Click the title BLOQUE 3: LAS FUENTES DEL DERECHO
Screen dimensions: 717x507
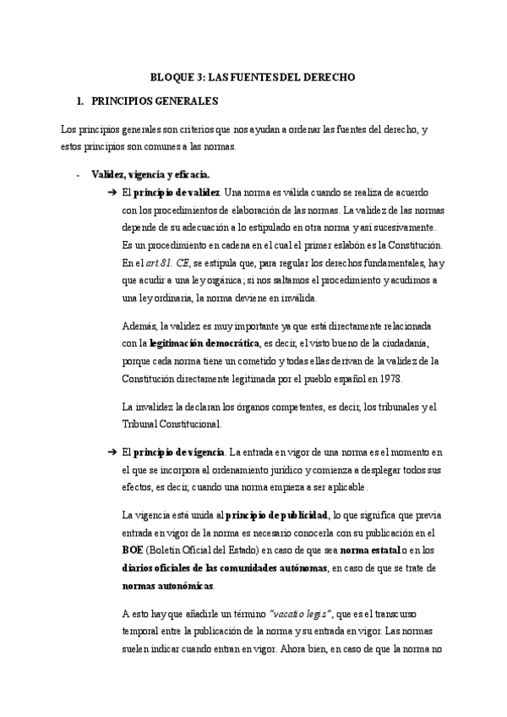click(x=253, y=77)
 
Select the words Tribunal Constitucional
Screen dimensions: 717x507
click(x=172, y=424)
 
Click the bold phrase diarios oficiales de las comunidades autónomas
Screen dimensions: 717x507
click(x=225, y=567)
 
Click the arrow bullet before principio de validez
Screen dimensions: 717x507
click(x=112, y=193)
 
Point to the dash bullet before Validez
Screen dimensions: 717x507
click(x=78, y=175)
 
